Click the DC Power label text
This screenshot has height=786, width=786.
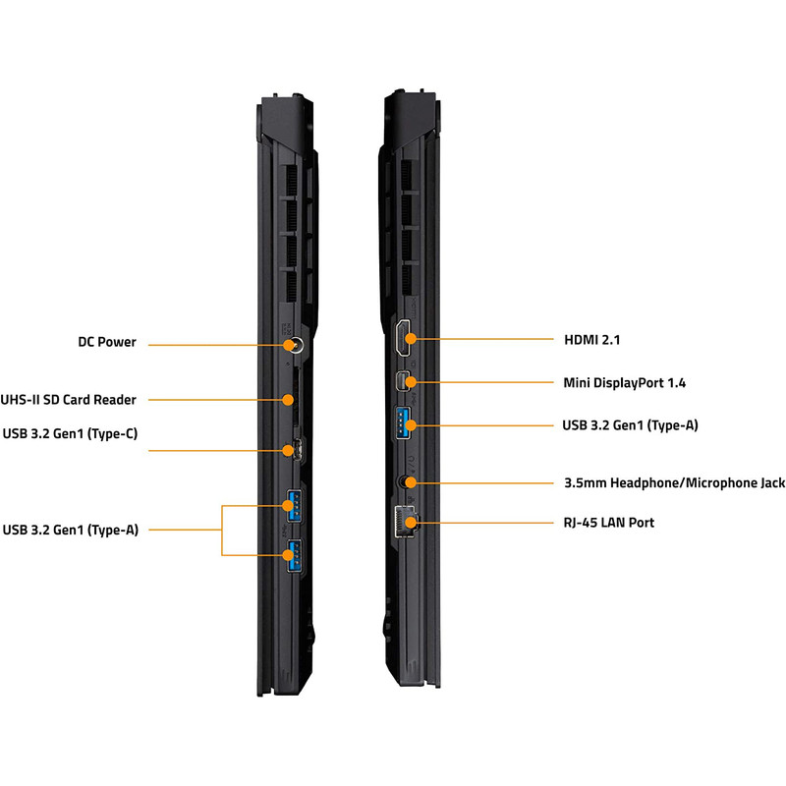107,342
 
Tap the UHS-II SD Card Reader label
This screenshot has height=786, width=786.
68,400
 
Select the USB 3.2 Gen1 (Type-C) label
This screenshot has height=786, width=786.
70,433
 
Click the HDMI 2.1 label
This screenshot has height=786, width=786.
592,340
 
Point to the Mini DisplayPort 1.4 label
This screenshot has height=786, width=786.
625,383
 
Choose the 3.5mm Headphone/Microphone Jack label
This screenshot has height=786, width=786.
674,482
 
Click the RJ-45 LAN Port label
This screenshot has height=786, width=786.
609,523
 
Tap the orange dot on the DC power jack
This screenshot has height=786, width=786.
288,345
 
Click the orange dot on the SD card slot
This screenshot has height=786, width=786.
287,400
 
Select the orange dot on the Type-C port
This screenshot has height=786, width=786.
288,450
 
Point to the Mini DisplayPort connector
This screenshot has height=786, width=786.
404,381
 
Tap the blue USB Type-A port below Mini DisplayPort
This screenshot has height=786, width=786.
403,423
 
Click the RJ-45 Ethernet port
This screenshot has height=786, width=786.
405,522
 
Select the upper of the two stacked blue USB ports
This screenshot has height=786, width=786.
294,506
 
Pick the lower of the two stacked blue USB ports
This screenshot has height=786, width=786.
294,556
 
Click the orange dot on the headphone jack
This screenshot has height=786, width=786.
411,482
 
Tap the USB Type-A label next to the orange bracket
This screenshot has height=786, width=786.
71,530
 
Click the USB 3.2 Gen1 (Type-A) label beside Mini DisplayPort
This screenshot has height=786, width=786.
630,425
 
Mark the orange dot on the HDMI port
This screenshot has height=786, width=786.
411,338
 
